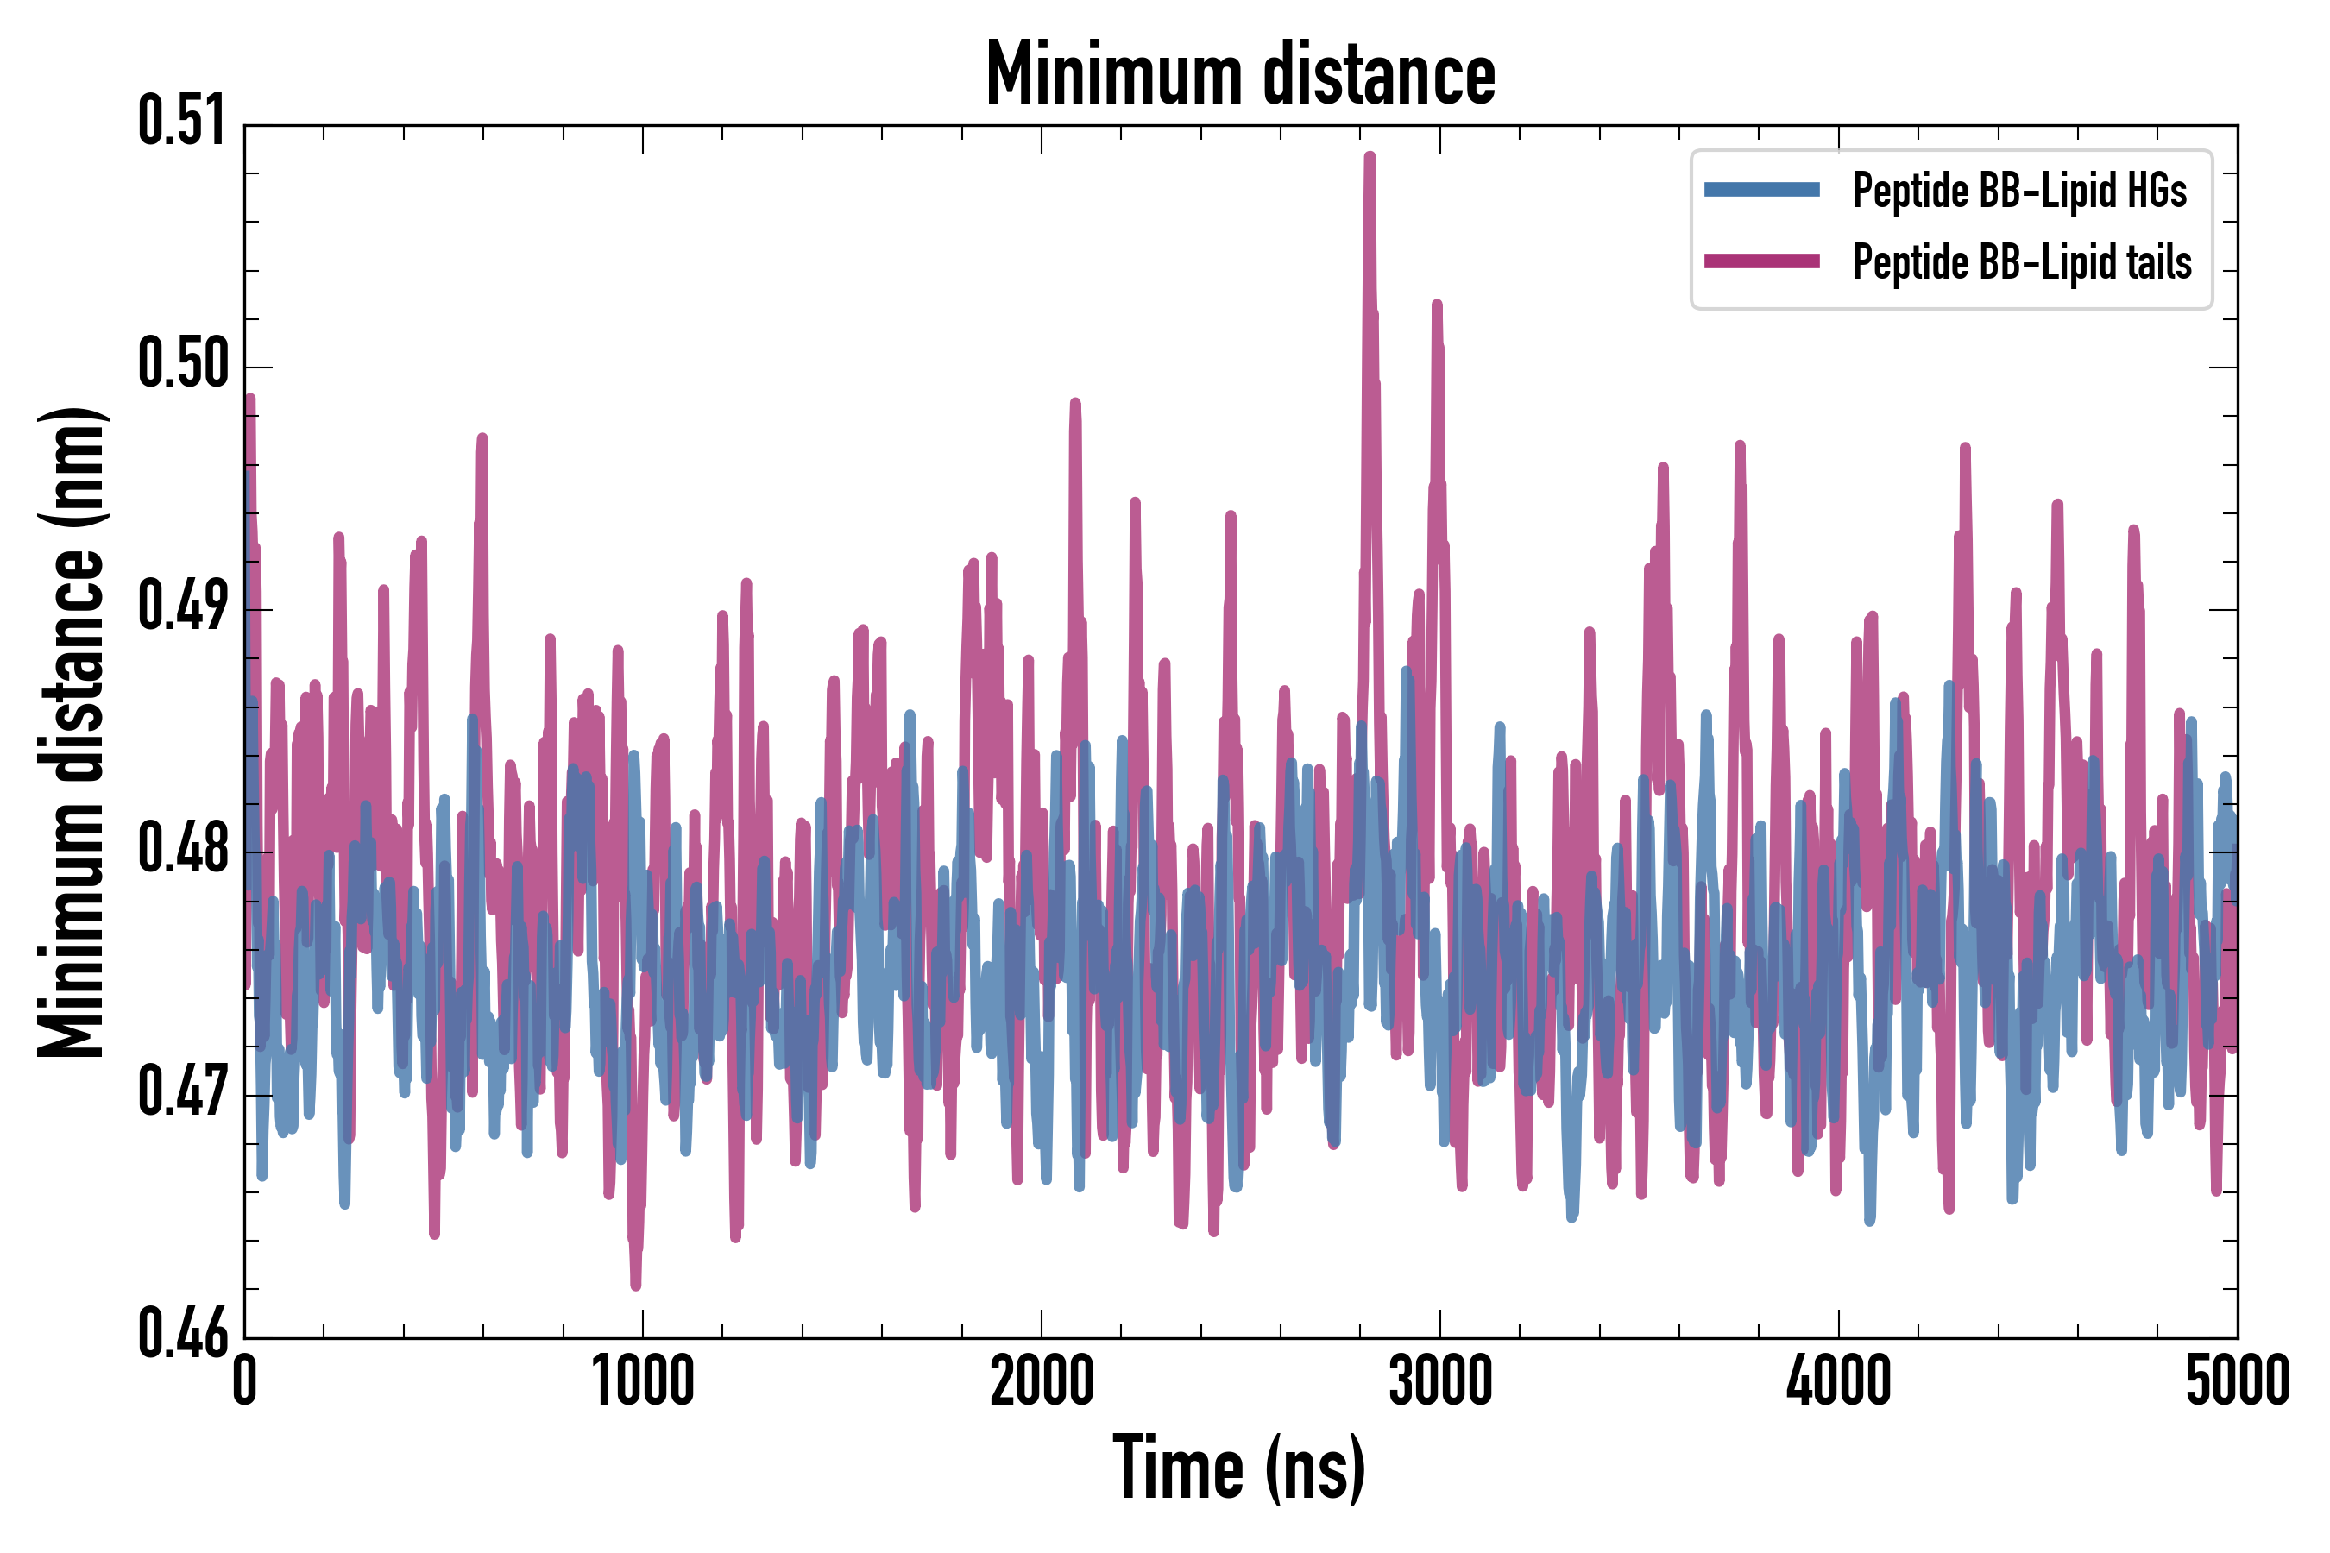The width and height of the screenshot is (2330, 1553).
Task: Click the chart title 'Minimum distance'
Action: click(x=1240, y=74)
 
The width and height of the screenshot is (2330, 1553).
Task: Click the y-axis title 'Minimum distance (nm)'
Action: click(x=72, y=732)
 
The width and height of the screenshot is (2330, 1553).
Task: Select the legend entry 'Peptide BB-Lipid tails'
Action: click(x=2022, y=262)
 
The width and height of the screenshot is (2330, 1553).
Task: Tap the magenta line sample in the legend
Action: click(x=1761, y=261)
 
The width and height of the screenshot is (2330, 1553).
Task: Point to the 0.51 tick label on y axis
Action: click(x=182, y=122)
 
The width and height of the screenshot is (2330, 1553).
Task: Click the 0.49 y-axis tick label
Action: click(x=182, y=607)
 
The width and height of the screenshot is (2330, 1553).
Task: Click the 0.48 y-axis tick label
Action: click(x=182, y=850)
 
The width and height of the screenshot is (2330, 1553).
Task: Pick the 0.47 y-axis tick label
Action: click(x=182, y=1092)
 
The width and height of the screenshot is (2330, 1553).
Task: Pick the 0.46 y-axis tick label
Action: click(x=182, y=1335)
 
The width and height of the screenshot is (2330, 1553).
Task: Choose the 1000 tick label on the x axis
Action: click(x=643, y=1381)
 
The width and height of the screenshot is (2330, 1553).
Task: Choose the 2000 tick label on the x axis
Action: click(x=1042, y=1381)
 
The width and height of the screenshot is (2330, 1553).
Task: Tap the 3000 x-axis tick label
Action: click(x=1439, y=1381)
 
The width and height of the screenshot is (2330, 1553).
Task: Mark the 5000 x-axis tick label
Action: click(x=2237, y=1381)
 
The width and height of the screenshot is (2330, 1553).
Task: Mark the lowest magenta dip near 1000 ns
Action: click(x=635, y=1285)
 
